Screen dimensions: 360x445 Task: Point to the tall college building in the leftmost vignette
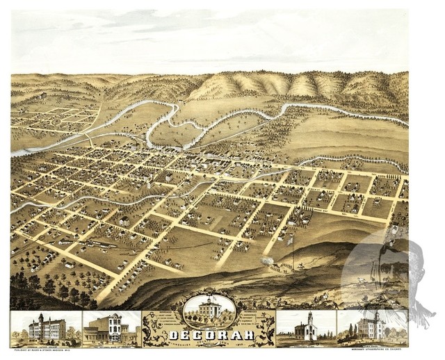point(47,327)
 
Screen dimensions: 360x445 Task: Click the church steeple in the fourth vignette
point(308,319)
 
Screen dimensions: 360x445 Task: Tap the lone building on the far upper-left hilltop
point(43,94)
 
